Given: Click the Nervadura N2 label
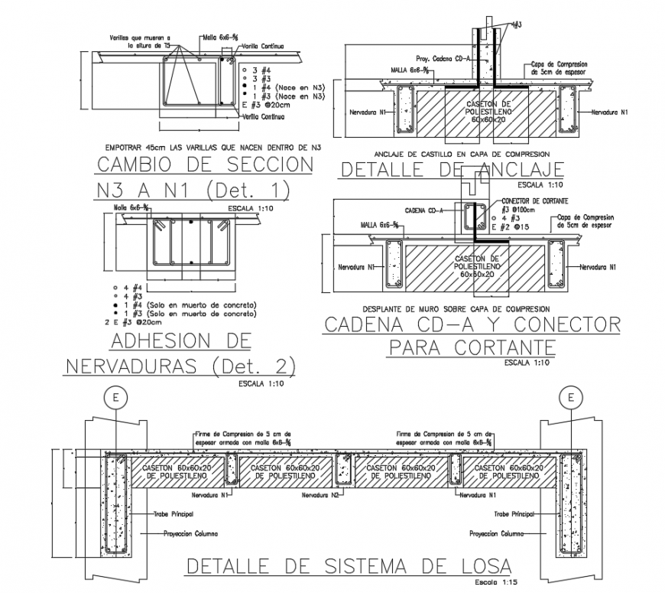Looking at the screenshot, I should click(x=320, y=495).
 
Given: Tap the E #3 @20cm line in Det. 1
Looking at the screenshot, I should click(x=264, y=105).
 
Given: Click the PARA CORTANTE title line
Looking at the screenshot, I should click(x=470, y=348).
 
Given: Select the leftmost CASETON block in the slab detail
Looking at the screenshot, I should click(x=177, y=471).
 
